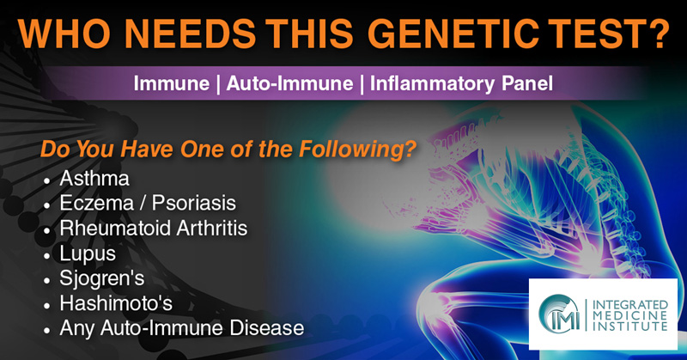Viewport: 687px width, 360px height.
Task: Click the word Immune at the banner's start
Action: (x=171, y=83)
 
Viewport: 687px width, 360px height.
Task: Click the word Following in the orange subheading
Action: (x=357, y=149)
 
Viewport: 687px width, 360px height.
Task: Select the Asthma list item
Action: (x=94, y=178)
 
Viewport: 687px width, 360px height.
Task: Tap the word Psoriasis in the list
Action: (x=194, y=203)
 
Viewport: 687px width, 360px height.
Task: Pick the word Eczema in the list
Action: (x=97, y=203)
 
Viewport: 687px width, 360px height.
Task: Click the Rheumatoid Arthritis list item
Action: (x=154, y=228)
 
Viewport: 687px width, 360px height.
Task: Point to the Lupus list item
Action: (x=88, y=253)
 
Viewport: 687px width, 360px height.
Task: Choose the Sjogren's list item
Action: (x=102, y=279)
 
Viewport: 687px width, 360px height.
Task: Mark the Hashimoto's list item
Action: (x=116, y=303)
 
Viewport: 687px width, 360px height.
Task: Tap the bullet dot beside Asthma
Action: (x=47, y=180)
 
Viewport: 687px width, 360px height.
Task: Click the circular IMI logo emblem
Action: (x=559, y=314)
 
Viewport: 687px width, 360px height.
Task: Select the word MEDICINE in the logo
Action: (x=630, y=315)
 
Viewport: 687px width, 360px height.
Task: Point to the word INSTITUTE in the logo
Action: (x=630, y=326)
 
